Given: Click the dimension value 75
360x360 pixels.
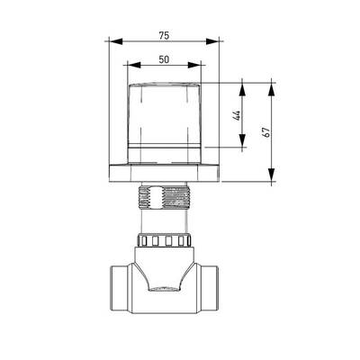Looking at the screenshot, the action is tap(164, 36).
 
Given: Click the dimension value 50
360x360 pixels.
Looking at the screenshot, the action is tap(164, 59).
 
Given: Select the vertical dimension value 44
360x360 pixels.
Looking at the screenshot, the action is tap(237, 115).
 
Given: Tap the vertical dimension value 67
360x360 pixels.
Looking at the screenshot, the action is tap(266, 132).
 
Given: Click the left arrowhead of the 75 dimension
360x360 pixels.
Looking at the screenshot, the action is tap(116, 41).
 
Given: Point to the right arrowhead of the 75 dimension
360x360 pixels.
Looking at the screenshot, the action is tap(212, 41).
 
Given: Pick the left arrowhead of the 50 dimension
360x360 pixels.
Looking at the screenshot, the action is tap(134, 65).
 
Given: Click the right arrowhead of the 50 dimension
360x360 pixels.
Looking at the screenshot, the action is tap(194, 65).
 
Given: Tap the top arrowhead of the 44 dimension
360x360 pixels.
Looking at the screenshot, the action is tap(242, 89).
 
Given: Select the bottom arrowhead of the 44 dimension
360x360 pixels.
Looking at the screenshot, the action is tap(242, 140).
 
